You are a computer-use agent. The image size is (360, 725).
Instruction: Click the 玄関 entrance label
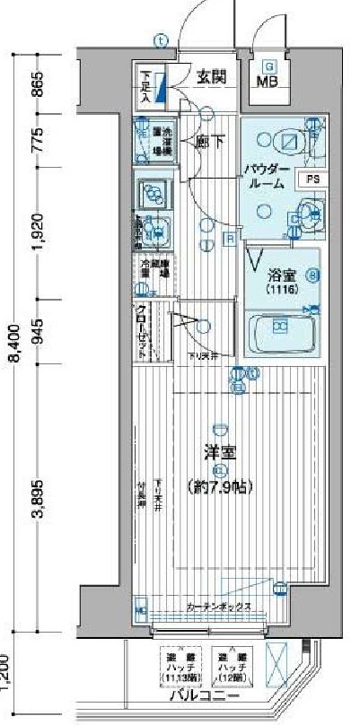(212, 77)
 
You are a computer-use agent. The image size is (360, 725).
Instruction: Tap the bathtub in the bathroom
(280, 333)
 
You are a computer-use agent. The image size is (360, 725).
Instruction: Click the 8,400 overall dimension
(13, 342)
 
